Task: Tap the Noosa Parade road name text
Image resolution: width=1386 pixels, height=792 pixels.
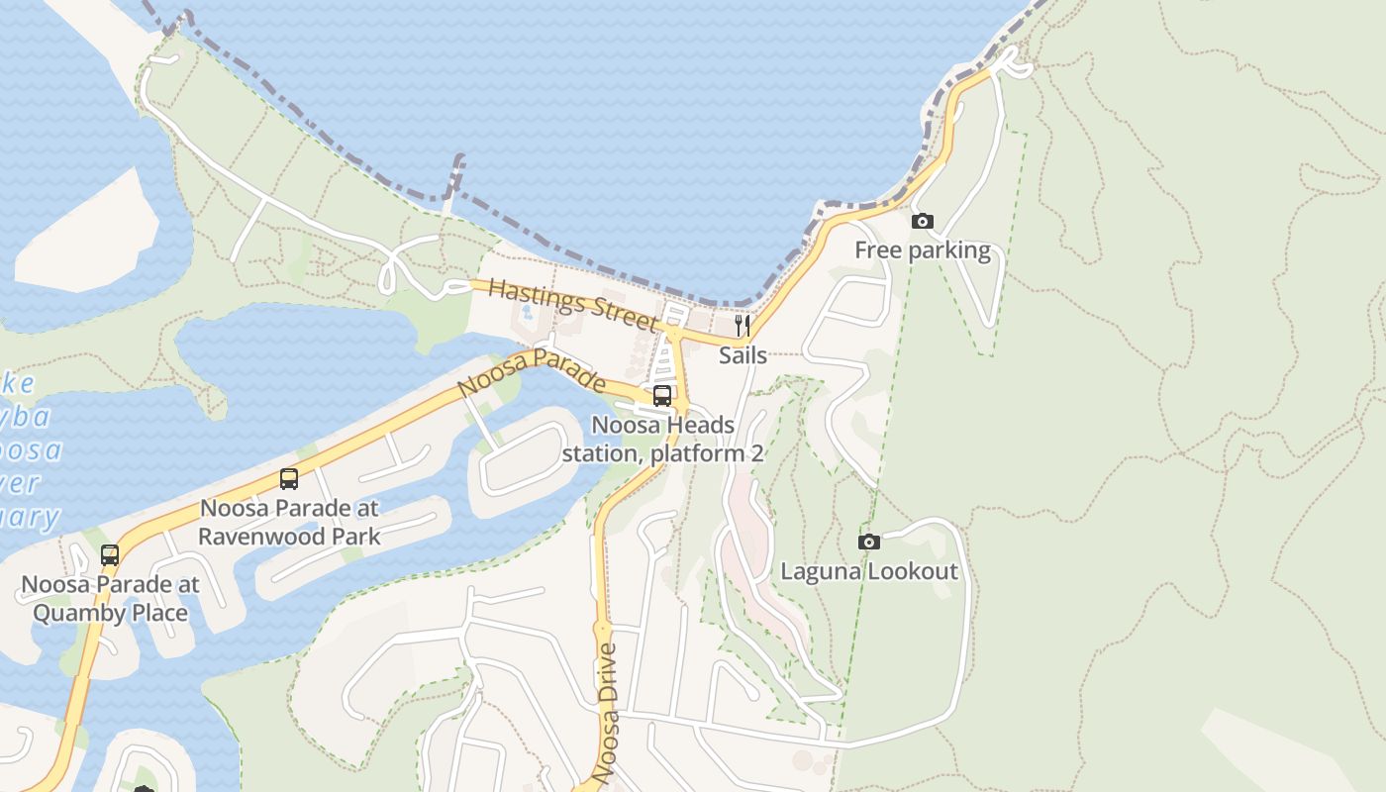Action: pyautogui.click(x=533, y=372)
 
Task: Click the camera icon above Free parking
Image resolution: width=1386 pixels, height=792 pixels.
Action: pyautogui.click(x=922, y=221)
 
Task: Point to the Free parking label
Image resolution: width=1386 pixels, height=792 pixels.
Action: pyautogui.click(x=922, y=250)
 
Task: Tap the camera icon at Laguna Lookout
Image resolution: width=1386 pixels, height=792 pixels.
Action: pyautogui.click(x=868, y=542)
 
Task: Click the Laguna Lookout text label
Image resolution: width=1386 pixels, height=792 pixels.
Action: pyautogui.click(x=869, y=571)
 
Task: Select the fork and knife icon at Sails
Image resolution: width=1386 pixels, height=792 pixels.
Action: pyautogui.click(x=742, y=326)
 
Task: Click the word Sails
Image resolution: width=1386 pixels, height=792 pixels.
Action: pyautogui.click(x=742, y=354)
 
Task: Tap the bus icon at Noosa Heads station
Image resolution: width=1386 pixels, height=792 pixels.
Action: pyautogui.click(x=662, y=396)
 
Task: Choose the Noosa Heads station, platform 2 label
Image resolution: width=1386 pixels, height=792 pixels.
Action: pyautogui.click(x=663, y=440)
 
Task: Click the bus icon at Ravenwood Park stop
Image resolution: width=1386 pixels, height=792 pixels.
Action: pyautogui.click(x=289, y=479)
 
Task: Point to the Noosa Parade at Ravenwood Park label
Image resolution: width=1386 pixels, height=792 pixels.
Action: pyautogui.click(x=289, y=523)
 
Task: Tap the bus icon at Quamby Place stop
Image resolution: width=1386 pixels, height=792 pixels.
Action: pyautogui.click(x=110, y=555)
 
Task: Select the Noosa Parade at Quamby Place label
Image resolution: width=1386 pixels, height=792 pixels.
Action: pyautogui.click(x=110, y=598)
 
